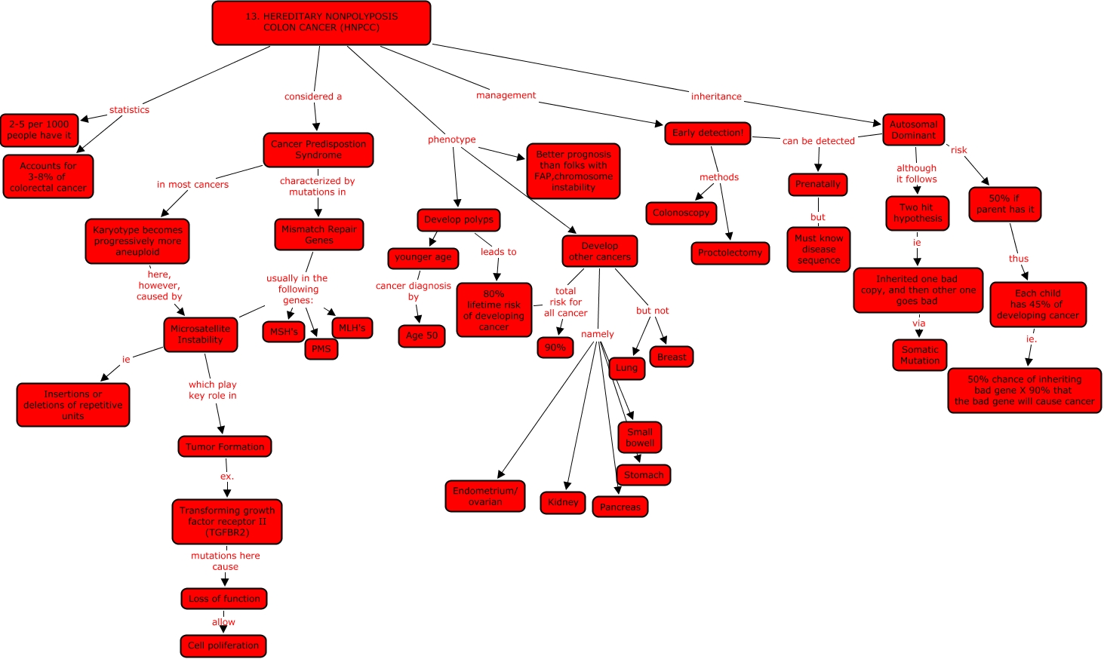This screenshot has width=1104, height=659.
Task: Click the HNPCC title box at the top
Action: coord(321,23)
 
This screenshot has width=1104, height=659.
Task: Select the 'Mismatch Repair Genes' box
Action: coord(319,234)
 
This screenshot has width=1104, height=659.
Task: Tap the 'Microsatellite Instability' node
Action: coord(201,335)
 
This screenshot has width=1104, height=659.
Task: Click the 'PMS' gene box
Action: coord(321,349)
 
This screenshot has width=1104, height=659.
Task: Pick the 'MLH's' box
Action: coord(352,328)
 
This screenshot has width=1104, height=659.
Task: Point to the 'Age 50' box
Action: coord(422,336)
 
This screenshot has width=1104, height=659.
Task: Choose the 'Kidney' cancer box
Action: coord(563,502)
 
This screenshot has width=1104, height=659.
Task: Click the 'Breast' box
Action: coord(672,357)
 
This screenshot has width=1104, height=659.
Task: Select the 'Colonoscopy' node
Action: coord(681,213)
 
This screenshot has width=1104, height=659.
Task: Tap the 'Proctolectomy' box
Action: coord(730,253)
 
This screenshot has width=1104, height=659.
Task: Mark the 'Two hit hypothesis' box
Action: coord(917,213)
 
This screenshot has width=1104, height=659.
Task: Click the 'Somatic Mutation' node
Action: coord(920,355)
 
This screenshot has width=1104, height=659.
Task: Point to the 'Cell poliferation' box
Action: coord(223,645)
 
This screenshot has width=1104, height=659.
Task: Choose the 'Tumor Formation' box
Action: coord(225,446)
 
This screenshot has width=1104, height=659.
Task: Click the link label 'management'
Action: coord(506,95)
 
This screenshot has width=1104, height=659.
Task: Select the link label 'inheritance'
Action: coord(716,97)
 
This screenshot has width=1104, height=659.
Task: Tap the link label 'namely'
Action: coord(598,334)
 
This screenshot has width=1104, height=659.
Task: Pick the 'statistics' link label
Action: coord(129,110)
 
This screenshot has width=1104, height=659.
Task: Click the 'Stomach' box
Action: coord(644,475)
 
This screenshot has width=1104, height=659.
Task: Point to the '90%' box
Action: coord(555,348)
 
